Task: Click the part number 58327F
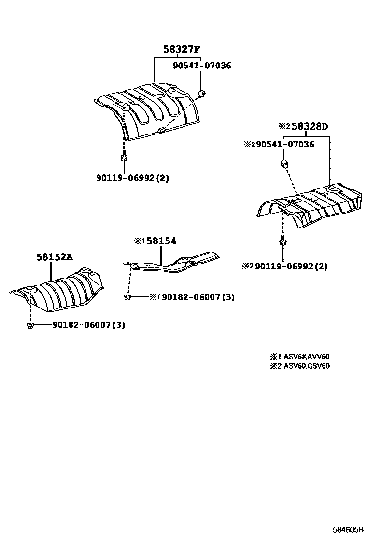pyautogui.click(x=181, y=49)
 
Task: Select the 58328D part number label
pyautogui.click(x=310, y=127)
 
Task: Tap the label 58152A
pyautogui.click(x=54, y=257)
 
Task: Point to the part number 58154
pyautogui.click(x=161, y=241)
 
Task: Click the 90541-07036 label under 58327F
pyautogui.click(x=202, y=66)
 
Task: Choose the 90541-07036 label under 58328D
pyautogui.click(x=285, y=144)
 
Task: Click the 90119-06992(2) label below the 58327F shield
pyautogui.click(x=132, y=178)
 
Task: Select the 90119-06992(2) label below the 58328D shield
pyautogui.click(x=291, y=266)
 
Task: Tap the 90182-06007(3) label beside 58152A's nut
pyautogui.click(x=88, y=325)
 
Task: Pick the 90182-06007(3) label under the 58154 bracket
pyautogui.click(x=198, y=297)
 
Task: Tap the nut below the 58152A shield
pyautogui.click(x=29, y=326)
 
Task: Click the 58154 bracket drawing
pyautogui.click(x=174, y=263)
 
